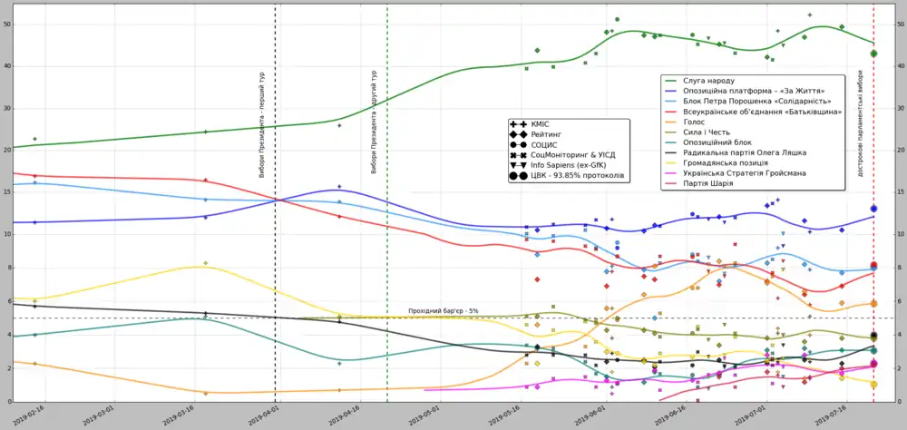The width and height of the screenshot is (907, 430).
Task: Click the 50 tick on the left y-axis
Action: [x=8, y=24]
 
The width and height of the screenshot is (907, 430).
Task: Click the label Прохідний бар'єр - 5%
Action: [x=444, y=311]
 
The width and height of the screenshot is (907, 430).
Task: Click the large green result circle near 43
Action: [x=873, y=54]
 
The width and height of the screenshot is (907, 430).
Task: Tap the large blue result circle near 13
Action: [x=873, y=209]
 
